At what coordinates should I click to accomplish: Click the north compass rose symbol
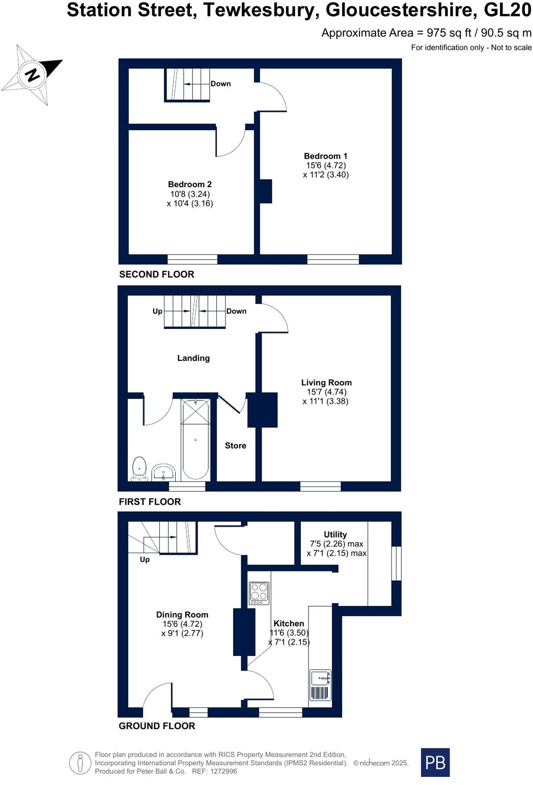coord(32,75)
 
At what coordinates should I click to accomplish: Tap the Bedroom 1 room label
coord(325,157)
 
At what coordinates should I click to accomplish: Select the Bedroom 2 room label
coord(190,185)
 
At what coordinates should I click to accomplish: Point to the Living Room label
coord(326,383)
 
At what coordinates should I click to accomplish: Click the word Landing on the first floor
coord(193,358)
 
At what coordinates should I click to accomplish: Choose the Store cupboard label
coord(235,445)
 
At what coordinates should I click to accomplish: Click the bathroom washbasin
coord(163,472)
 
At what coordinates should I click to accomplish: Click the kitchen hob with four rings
coord(259,593)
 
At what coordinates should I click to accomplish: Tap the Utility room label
coord(335,534)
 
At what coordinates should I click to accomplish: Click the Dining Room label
coord(182,615)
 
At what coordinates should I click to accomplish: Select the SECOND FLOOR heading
coord(156,274)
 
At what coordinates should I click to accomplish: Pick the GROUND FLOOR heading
coord(157,726)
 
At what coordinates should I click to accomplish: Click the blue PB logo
coord(435,762)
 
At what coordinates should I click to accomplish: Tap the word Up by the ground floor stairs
coord(145,559)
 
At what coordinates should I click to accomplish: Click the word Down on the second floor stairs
coord(220,84)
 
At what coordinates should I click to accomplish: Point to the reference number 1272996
coord(221,771)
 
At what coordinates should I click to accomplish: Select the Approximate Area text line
coord(426,33)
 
